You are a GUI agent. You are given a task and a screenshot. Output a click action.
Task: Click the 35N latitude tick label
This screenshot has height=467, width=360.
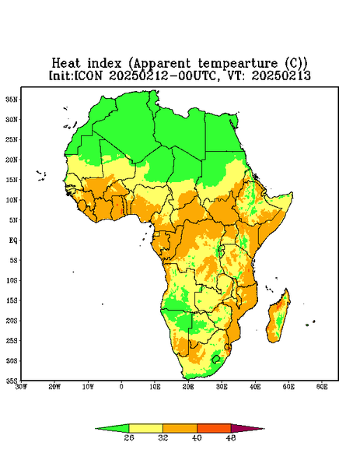tap(12, 99)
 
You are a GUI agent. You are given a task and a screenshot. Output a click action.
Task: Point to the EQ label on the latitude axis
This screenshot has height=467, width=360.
tap(13, 240)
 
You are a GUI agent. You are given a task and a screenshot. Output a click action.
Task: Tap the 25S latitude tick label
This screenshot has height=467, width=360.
tap(12, 340)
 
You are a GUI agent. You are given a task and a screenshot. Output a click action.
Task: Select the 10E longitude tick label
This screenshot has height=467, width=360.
tap(155, 387)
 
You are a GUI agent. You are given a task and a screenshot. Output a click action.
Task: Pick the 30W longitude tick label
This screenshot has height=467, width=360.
tap(21, 387)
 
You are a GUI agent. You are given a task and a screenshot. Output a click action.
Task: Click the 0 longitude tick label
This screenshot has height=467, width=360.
tap(121, 387)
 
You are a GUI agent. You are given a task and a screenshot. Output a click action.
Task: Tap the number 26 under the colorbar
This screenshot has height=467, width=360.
tap(129, 437)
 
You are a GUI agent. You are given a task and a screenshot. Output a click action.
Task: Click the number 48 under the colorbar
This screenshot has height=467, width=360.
tap(231, 437)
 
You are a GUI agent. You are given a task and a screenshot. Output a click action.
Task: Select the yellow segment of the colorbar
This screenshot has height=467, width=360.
tap(145, 428)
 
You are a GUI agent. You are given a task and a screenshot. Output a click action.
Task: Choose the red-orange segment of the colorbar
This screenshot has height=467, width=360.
tap(214, 428)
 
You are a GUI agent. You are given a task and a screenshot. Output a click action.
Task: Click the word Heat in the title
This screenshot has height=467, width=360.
tap(66, 63)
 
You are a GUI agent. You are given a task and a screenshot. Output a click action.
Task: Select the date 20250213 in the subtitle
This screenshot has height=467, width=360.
tap(281, 75)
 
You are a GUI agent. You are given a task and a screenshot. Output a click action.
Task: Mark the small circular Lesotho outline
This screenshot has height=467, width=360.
tap(216, 359)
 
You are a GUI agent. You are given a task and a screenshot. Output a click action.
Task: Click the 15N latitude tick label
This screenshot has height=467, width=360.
tap(12, 180)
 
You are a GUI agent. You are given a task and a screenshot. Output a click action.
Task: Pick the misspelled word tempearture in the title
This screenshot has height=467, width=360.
tap(238, 63)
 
